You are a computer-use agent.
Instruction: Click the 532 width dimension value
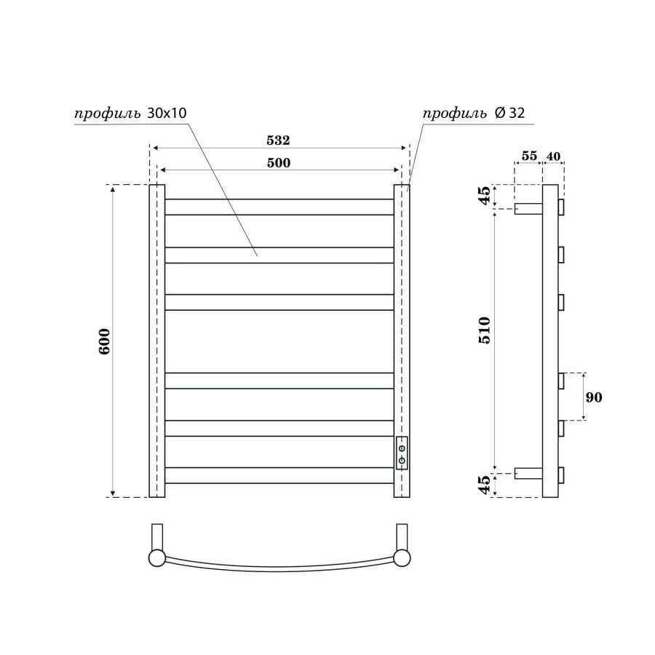click(278, 140)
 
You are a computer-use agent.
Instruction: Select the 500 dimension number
click(279, 162)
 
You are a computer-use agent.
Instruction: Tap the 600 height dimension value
click(104, 341)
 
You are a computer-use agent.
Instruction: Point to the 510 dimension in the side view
click(485, 330)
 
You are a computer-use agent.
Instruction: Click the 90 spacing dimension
click(594, 397)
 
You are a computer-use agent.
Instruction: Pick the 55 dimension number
click(529, 156)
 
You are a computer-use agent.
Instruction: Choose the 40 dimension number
click(553, 156)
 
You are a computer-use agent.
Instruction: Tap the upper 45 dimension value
click(485, 195)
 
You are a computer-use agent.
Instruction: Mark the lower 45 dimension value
click(485, 485)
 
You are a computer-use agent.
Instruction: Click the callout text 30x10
click(167, 113)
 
